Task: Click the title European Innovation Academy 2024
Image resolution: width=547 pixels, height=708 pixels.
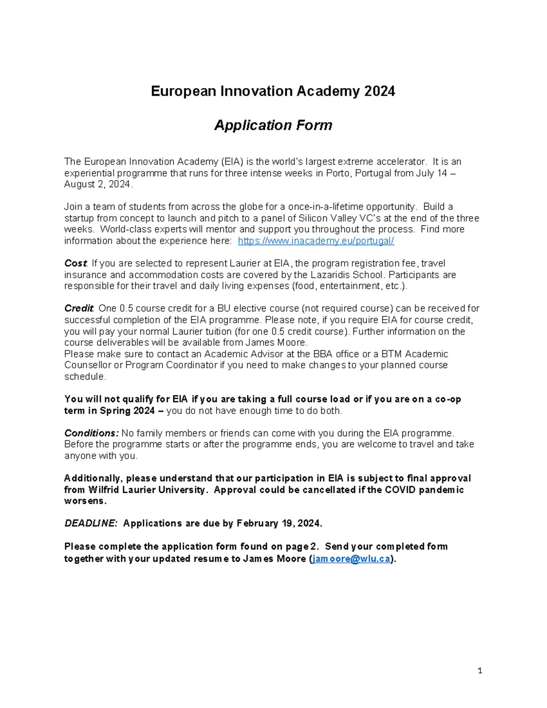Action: (x=273, y=92)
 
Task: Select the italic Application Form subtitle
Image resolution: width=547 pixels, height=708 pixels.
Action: (x=273, y=125)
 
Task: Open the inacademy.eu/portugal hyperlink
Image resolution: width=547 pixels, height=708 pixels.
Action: (x=316, y=241)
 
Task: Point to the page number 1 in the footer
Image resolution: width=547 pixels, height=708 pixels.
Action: (x=480, y=671)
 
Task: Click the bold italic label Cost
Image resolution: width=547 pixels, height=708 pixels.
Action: (x=75, y=264)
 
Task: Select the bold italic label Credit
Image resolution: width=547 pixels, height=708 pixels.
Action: (x=78, y=309)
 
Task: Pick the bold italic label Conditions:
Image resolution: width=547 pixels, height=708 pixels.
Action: (x=91, y=433)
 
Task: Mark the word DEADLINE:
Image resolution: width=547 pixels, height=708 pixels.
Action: (x=90, y=523)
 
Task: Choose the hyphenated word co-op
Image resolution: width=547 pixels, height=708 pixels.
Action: (x=448, y=399)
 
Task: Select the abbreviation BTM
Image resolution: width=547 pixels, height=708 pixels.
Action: (x=392, y=354)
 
